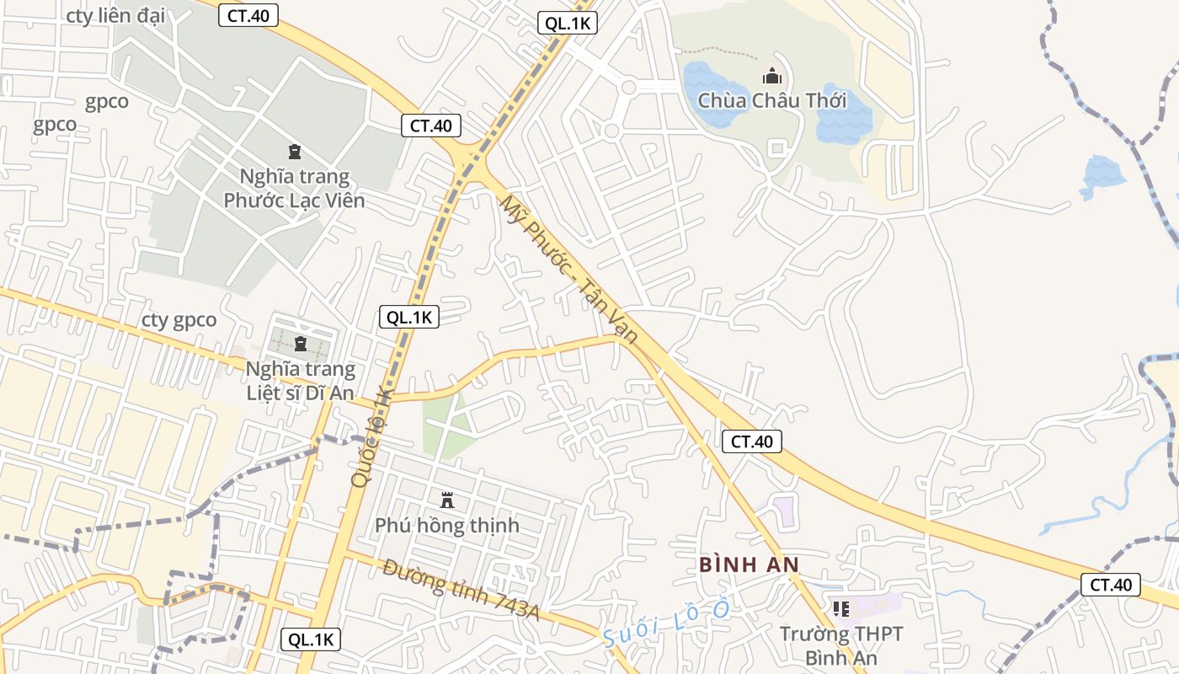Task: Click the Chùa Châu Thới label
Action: click(772, 101)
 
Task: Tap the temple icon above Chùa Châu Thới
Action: click(772, 77)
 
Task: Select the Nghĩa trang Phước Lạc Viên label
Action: click(294, 189)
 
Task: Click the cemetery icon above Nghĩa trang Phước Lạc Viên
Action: click(294, 152)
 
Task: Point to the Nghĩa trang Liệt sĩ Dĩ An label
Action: click(301, 381)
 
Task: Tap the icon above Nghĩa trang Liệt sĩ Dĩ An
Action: click(301, 344)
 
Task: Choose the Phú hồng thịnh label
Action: click(447, 526)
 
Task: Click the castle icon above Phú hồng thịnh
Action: click(447, 500)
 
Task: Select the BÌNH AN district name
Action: click(749, 564)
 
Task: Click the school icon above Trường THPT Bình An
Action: click(840, 608)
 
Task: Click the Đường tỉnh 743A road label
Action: click(461, 589)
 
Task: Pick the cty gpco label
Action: click(179, 320)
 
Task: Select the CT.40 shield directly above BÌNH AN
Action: click(752, 441)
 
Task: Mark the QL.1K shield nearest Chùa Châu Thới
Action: click(568, 24)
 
